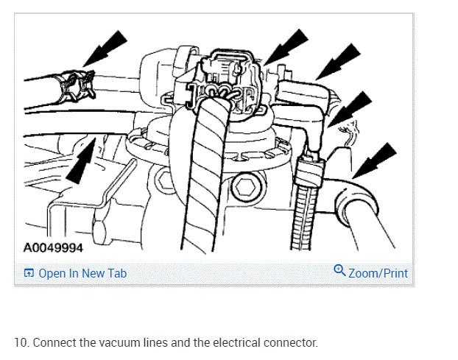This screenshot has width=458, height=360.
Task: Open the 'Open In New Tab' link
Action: point(82,273)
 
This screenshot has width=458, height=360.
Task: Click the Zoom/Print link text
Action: point(378,273)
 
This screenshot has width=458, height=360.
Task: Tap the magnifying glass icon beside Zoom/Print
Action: point(339,271)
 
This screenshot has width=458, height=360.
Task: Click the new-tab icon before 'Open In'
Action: point(29,274)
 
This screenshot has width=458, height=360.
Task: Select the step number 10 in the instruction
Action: point(21,343)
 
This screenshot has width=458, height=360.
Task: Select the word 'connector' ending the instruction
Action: point(293,343)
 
